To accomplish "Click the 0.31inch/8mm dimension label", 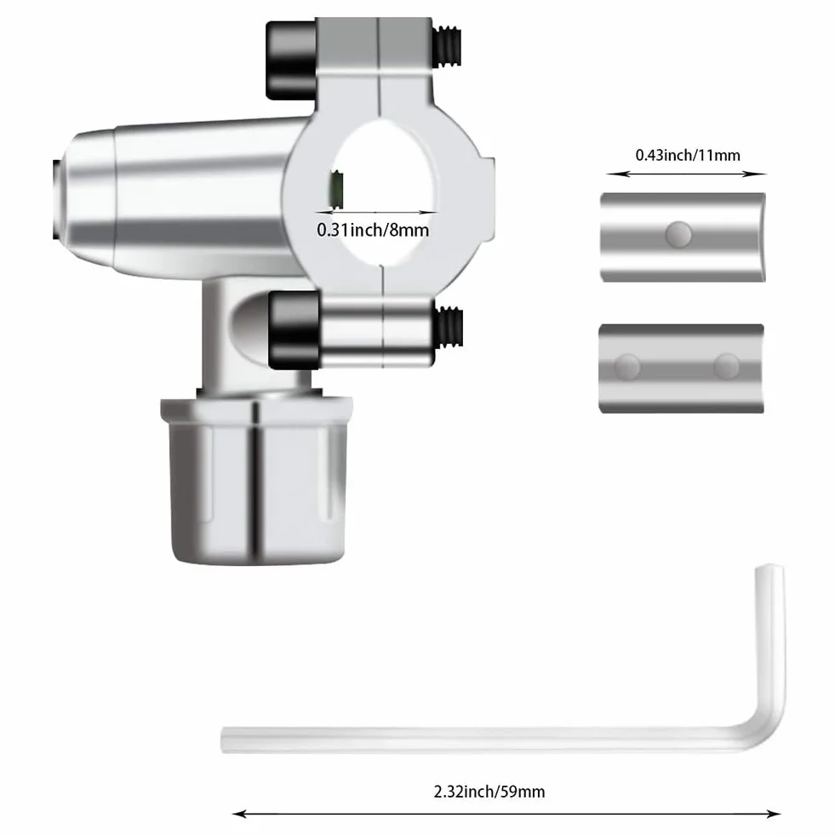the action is [x=373, y=230].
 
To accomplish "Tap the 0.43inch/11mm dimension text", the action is [x=688, y=155].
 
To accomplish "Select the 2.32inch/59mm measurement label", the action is [x=489, y=792].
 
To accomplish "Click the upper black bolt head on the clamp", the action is [x=291, y=60].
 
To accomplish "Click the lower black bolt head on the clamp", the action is [x=294, y=330].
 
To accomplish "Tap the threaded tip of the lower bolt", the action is [x=449, y=327].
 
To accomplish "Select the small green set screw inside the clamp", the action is [x=336, y=191].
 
